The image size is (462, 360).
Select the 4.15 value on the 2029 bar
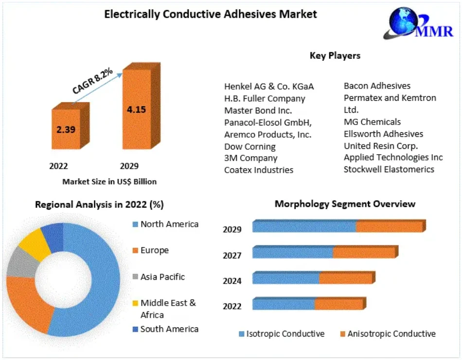(136, 109)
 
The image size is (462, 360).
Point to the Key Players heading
(335, 55)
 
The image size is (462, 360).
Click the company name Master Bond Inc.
(258, 110)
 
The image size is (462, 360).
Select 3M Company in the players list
(250, 158)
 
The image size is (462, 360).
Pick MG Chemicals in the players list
(372, 122)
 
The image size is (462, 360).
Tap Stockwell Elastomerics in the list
(389, 169)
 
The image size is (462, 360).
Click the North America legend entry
(169, 224)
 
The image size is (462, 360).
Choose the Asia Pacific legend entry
(162, 277)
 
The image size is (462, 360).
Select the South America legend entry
(169, 329)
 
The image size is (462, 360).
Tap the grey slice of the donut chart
(21, 263)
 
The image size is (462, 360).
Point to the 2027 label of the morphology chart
(232, 255)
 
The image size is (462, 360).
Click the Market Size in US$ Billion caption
(109, 181)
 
